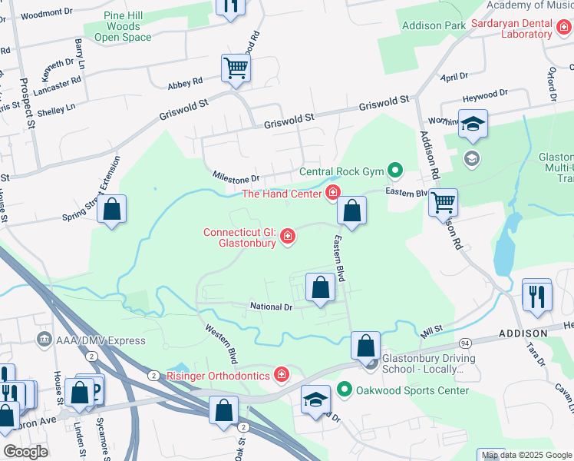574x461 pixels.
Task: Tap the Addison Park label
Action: tap(434, 26)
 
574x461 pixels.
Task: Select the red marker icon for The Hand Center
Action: tap(333, 192)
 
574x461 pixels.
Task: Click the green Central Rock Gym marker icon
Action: tap(395, 171)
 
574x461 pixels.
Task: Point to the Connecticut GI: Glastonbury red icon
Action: tap(287, 236)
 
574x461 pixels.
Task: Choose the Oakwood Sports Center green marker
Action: tap(345, 390)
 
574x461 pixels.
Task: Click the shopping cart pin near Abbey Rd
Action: tap(236, 68)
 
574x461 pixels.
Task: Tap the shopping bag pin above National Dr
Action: tap(320, 288)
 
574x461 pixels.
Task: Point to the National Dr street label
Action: tap(272, 307)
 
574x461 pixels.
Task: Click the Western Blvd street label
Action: tap(221, 343)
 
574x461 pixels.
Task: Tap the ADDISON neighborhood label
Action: tap(523, 333)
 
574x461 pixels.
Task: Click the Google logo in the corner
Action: tap(25, 452)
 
